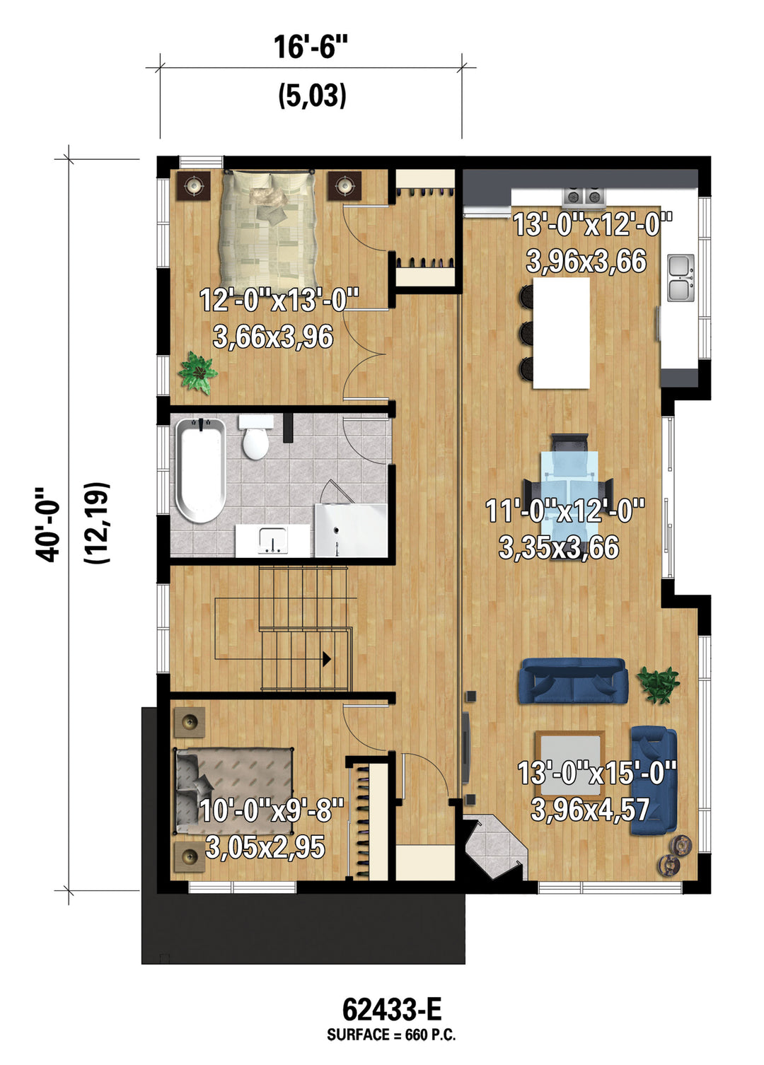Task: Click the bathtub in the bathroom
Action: tap(201, 470)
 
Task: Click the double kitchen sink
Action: tap(681, 278)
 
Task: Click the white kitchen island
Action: tap(562, 333)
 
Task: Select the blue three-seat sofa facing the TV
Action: tap(573, 680)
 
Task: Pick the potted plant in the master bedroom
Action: tap(197, 372)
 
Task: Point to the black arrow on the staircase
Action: tap(327, 658)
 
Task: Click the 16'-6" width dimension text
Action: tap(310, 47)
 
